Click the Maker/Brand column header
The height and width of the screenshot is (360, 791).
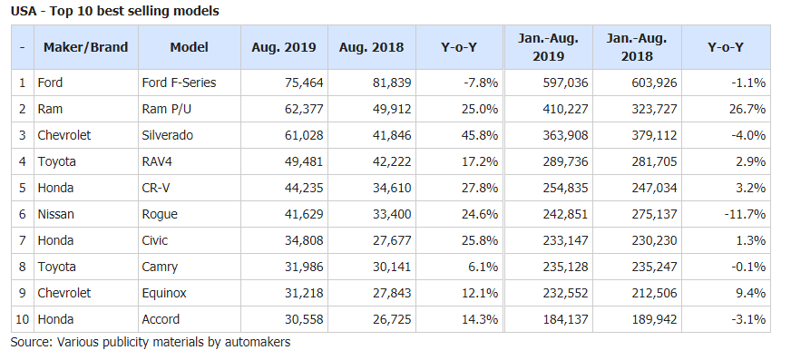tap(86, 47)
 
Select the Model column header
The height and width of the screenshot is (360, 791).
tap(190, 47)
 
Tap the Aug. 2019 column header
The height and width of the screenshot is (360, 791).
tap(284, 47)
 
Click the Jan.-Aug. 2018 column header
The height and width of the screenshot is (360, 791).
tap(637, 47)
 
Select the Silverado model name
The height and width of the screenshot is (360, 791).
tap(168, 135)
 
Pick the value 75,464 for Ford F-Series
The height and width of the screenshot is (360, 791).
tap(303, 83)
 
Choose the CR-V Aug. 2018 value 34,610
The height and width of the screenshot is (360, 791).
tap(391, 188)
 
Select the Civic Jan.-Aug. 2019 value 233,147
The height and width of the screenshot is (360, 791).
tap(563, 240)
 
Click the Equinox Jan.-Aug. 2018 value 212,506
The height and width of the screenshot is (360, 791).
tap(653, 293)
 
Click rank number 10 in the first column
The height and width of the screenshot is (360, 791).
tap(23, 319)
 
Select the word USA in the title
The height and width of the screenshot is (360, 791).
tap(24, 11)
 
